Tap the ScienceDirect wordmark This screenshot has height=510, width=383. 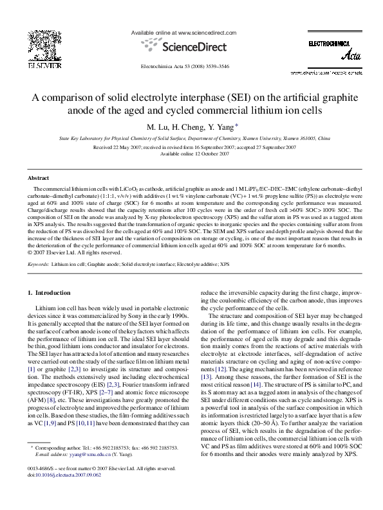[191, 46]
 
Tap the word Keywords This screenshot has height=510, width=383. [39, 264]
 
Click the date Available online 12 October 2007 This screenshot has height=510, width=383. [191, 154]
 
